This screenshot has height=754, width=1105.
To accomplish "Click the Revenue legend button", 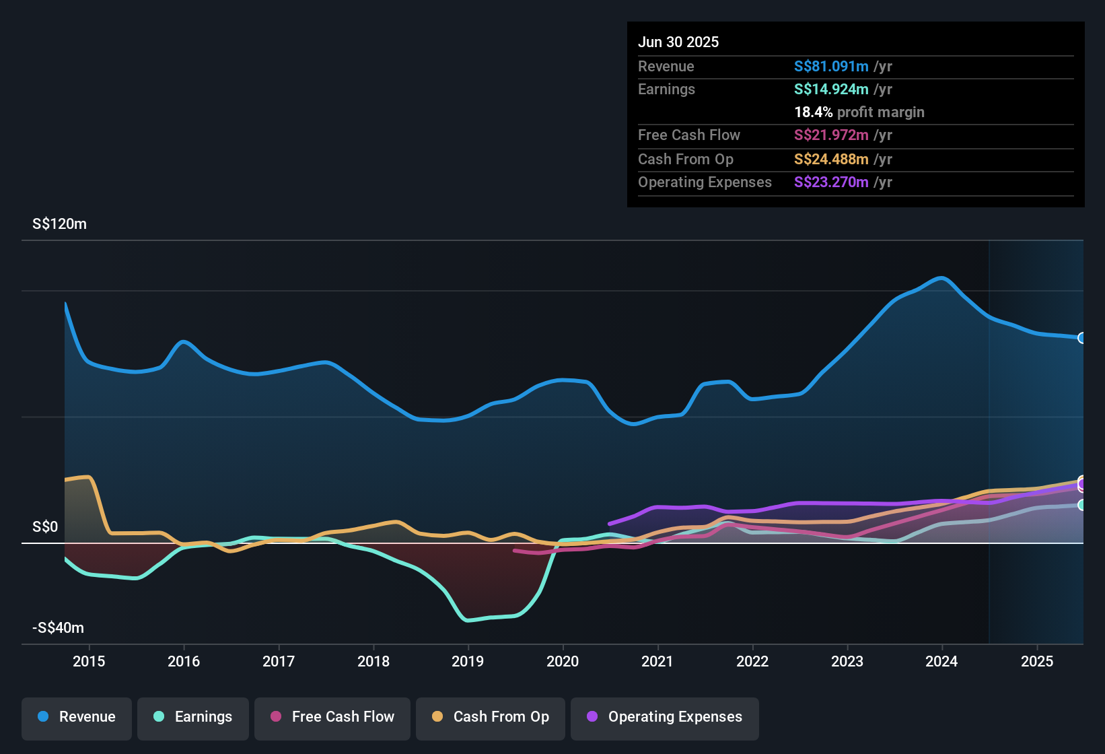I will pyautogui.click(x=77, y=717).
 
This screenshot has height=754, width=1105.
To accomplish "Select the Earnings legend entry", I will pyautogui.click(x=193, y=717).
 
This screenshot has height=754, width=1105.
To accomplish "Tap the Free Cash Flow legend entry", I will pyautogui.click(x=332, y=717).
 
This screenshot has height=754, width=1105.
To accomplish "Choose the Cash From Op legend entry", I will pyautogui.click(x=491, y=717).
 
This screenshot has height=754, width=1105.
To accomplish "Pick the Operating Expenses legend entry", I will pyautogui.click(x=665, y=717).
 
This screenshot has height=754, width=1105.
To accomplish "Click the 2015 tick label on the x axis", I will pyautogui.click(x=89, y=661).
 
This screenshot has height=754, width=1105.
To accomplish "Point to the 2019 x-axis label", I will pyautogui.click(x=468, y=661).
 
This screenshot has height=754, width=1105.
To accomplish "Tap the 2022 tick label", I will pyautogui.click(x=752, y=661).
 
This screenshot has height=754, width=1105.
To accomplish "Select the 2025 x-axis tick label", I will pyautogui.click(x=1037, y=661).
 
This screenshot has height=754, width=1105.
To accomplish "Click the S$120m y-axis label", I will pyautogui.click(x=59, y=224).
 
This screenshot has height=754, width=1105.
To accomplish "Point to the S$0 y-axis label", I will pyautogui.click(x=45, y=527).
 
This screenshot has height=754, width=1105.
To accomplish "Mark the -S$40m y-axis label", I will pyautogui.click(x=59, y=628).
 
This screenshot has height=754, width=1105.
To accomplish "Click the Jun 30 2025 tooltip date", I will pyautogui.click(x=678, y=42).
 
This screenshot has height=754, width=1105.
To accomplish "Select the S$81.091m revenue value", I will pyautogui.click(x=831, y=67).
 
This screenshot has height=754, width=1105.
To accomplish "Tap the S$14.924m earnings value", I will pyautogui.click(x=831, y=90).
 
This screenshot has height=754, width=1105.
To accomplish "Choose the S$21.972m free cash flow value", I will pyautogui.click(x=831, y=135).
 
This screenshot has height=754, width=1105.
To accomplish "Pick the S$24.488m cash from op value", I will pyautogui.click(x=831, y=160).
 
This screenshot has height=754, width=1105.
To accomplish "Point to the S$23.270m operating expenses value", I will pyautogui.click(x=831, y=182).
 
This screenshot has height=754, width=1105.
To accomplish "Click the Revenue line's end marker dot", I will pyautogui.click(x=1081, y=338).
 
